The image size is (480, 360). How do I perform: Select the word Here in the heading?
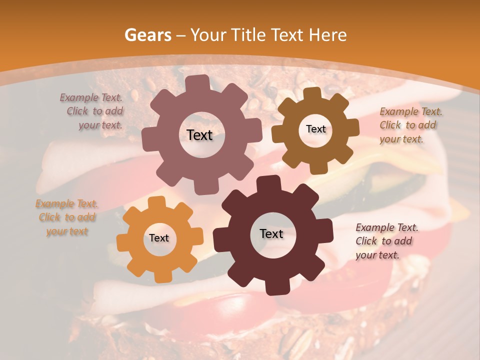pos(328,35)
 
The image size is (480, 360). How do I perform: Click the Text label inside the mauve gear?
pos(199,135)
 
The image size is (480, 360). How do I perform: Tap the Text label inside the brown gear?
pos(315,129)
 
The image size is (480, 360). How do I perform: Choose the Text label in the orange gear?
pos(159,238)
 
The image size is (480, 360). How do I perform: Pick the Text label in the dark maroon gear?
pos(271,233)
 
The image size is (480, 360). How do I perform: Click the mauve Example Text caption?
pos(92,111)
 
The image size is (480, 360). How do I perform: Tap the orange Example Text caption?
pos(67,217)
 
